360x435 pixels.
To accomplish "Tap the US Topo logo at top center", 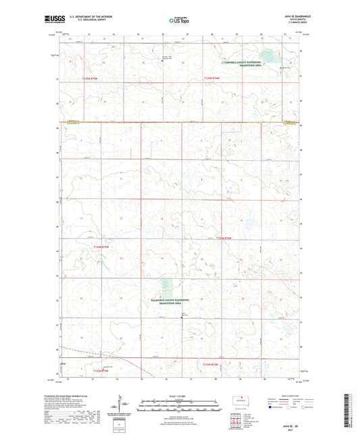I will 174,21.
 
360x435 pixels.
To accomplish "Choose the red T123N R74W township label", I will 213,365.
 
